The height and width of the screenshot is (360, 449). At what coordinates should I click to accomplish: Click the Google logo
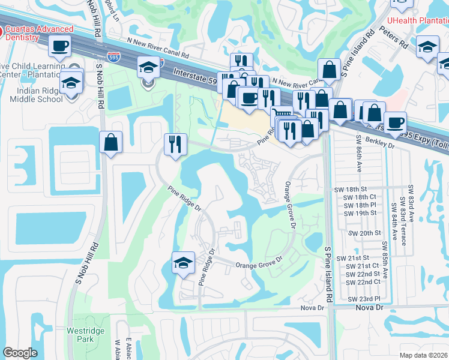[19, 353]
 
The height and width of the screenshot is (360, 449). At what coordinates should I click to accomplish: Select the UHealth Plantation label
[418, 20]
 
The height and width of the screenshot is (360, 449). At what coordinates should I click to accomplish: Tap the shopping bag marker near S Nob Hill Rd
[111, 143]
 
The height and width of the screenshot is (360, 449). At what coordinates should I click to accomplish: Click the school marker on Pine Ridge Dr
[183, 263]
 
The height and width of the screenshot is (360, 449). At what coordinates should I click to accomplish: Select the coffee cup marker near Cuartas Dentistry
[60, 46]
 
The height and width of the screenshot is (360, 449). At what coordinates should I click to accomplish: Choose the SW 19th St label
[357, 213]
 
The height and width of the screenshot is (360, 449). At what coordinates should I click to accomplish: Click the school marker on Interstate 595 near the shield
[147, 68]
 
